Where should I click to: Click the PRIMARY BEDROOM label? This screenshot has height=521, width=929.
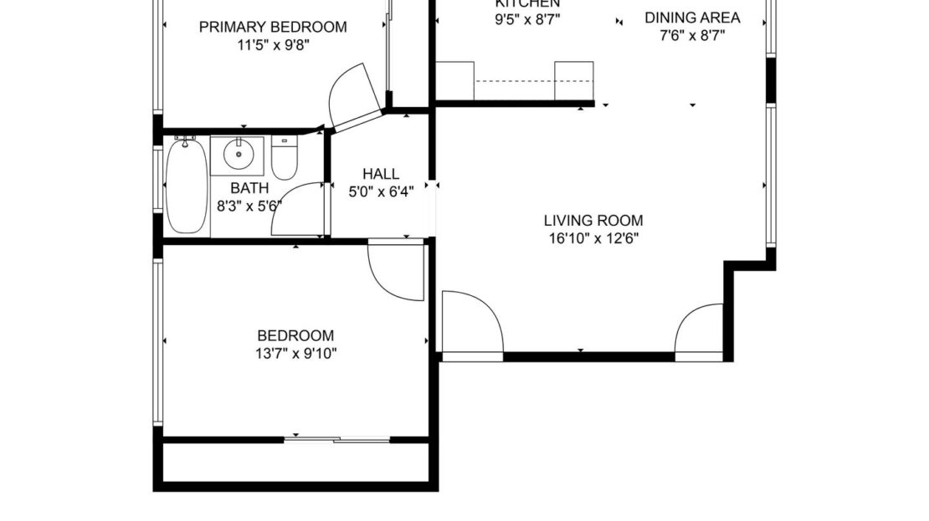pos(273,27)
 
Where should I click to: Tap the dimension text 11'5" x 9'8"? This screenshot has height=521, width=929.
pos(273,45)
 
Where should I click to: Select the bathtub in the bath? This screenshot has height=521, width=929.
pos(186,188)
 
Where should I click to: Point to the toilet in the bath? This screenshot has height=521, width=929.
pos(285,158)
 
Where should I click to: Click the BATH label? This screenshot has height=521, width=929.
pos(249,188)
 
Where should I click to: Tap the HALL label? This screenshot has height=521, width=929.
pos(381,174)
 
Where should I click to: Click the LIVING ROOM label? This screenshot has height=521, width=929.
pos(593,221)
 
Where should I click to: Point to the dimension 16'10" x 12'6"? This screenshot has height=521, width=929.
pos(593,238)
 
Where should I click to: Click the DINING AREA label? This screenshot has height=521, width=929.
pos(692,18)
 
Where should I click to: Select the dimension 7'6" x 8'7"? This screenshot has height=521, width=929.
pos(692,35)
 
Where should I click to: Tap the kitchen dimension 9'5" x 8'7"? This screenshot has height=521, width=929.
pos(527,18)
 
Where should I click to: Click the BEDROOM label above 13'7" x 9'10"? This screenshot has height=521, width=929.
pos(295,335)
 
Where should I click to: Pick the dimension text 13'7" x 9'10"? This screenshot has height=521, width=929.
pos(295,353)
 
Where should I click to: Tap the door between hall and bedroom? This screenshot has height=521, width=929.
pos(397,271)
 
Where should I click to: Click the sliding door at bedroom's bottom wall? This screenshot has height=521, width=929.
pos(337,438)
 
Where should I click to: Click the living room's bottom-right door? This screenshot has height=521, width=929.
pos(700,330)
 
